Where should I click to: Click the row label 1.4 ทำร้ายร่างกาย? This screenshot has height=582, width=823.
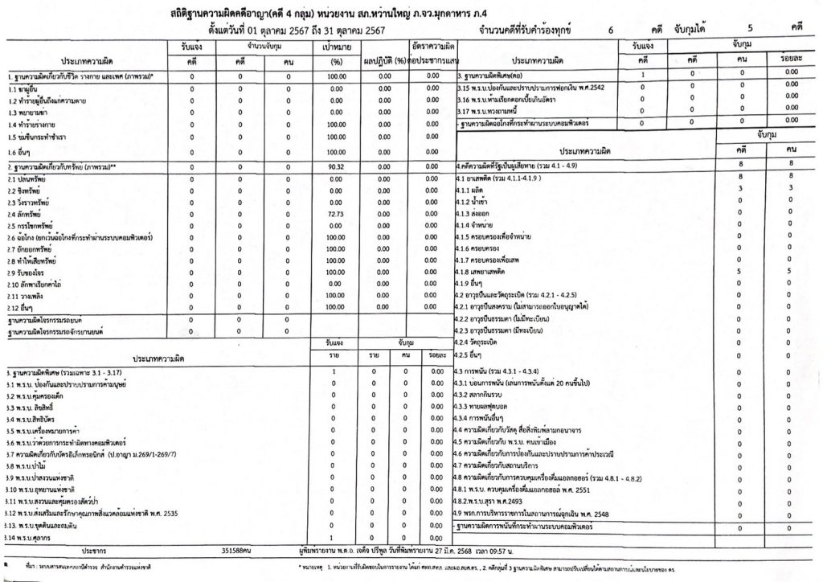(36, 126)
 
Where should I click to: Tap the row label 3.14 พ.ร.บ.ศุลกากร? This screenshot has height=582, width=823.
(33, 537)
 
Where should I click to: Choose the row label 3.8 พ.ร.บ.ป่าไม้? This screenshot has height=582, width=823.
(28, 465)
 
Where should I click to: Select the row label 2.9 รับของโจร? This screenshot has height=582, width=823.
(29, 274)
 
